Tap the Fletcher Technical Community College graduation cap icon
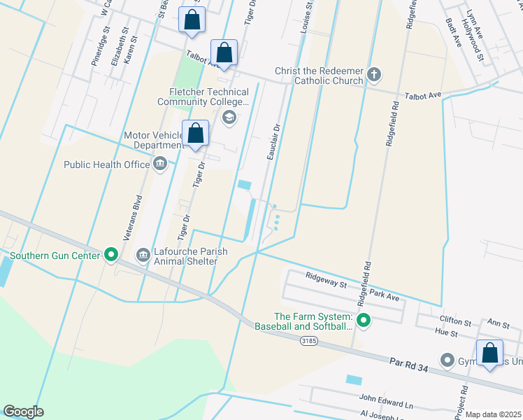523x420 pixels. (x=229, y=117)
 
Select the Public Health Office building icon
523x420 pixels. (x=160, y=164)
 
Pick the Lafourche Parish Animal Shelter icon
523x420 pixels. (x=143, y=255)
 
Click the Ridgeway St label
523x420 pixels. (x=327, y=281)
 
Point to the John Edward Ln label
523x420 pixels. (x=386, y=403)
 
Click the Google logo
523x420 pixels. (x=23, y=412)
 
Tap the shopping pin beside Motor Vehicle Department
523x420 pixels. (x=196, y=133)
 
